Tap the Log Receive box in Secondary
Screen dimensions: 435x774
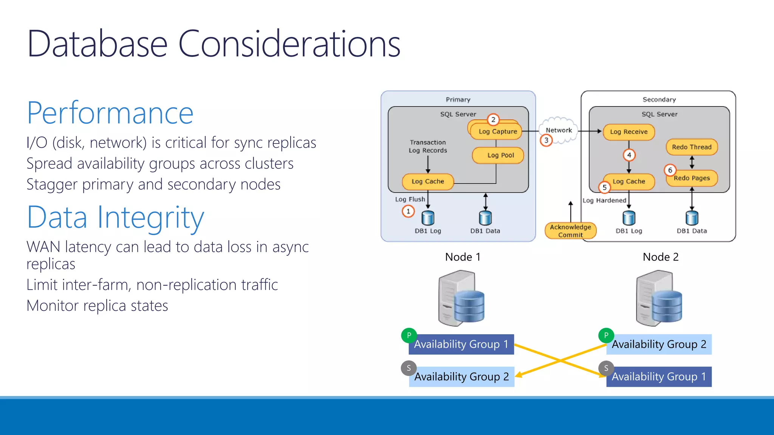(628, 132)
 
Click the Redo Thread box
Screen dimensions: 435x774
(692, 147)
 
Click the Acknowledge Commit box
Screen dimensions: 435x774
(570, 231)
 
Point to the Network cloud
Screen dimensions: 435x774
(559, 130)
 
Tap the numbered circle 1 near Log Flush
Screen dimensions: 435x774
(408, 211)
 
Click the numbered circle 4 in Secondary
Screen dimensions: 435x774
(629, 155)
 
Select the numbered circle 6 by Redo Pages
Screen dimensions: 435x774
(670, 170)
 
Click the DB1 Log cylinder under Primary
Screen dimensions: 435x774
(428, 218)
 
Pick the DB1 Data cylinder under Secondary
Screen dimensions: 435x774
(692, 218)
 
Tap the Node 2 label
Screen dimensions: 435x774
(661, 257)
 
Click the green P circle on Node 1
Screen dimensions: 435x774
(409, 335)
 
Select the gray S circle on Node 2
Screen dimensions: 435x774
(606, 368)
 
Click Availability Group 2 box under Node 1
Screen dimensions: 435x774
(462, 377)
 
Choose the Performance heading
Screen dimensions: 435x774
(110, 113)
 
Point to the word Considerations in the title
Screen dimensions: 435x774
(289, 44)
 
